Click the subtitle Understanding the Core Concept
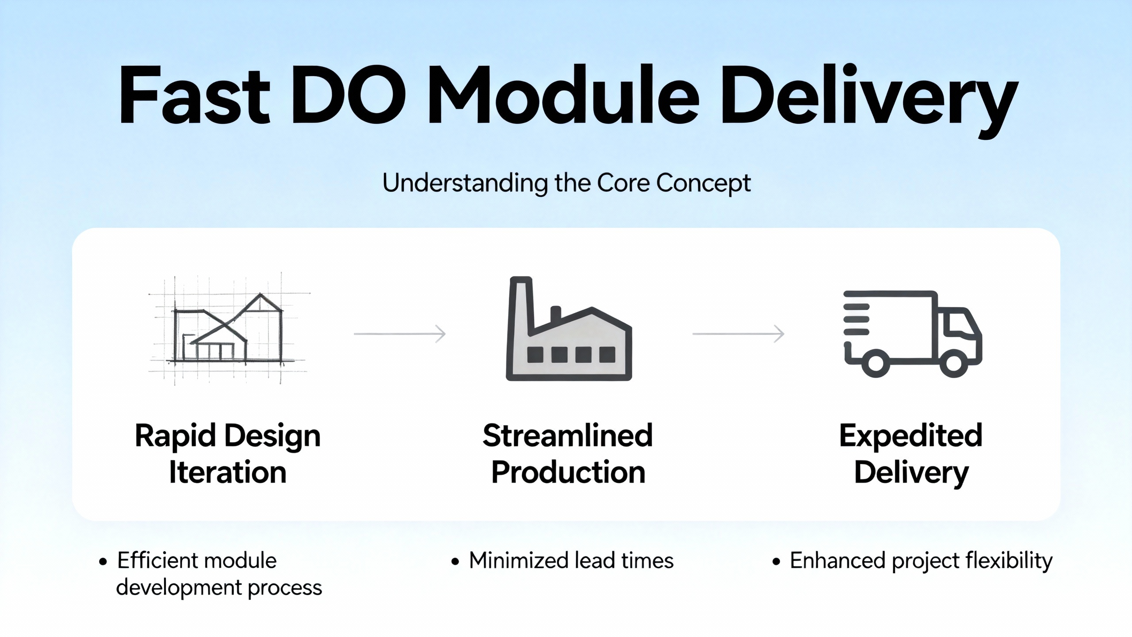(566, 183)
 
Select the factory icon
(569, 330)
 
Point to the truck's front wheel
(953, 363)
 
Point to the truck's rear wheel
(876, 363)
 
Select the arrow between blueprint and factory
(400, 334)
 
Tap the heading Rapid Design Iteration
(228, 454)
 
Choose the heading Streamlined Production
(568, 454)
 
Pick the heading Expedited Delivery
(911, 454)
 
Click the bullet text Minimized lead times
(571, 561)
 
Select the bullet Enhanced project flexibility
(921, 561)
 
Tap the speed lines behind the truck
(856, 319)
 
